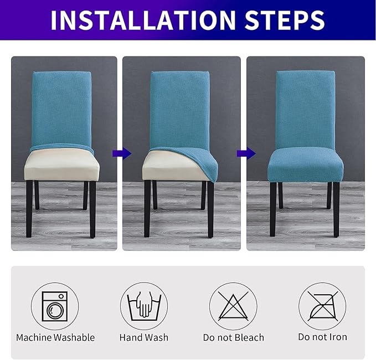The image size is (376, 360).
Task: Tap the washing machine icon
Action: [x=55, y=306]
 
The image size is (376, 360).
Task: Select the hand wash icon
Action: [x=144, y=306]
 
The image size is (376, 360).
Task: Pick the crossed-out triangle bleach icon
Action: [x=233, y=306]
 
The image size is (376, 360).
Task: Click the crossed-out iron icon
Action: [x=322, y=306]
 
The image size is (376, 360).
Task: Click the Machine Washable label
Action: [x=55, y=337]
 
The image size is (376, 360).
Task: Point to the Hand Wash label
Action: [x=144, y=337]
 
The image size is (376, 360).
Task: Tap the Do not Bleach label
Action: [x=233, y=337]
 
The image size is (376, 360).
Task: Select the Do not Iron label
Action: [x=322, y=337]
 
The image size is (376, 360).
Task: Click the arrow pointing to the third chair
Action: [x=243, y=153]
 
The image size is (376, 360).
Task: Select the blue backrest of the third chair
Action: [x=305, y=108]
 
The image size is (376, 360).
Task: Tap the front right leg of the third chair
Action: [x=336, y=210]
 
